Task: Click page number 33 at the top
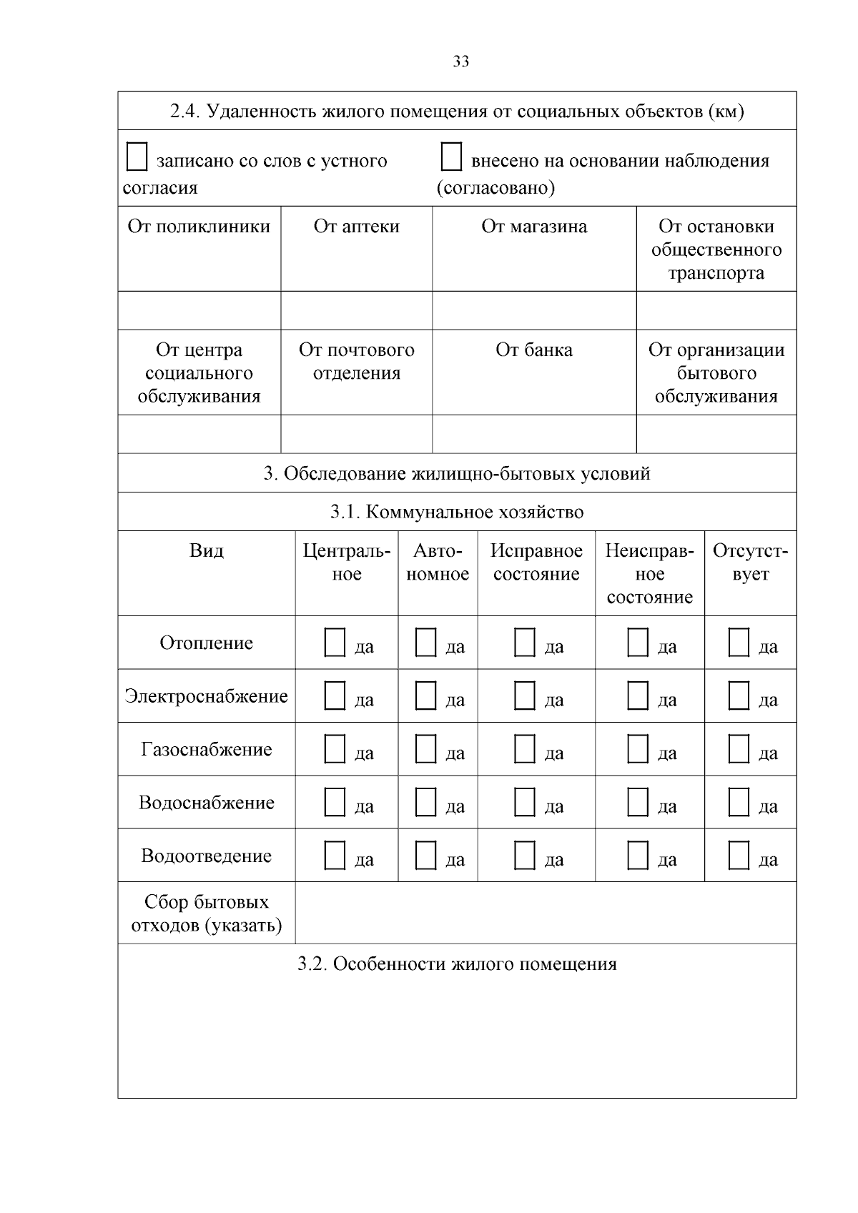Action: pos(461,61)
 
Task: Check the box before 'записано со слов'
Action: pos(137,157)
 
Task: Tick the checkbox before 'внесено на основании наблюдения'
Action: pos(451,157)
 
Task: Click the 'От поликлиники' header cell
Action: pos(199,227)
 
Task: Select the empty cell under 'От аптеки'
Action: pos(356,310)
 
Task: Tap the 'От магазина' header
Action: pos(534,227)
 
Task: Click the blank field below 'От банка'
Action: pos(534,434)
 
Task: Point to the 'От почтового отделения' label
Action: pos(356,361)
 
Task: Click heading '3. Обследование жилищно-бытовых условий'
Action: pos(457,473)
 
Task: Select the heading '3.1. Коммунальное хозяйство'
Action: pos(457,512)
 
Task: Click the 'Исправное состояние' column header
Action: pos(536,563)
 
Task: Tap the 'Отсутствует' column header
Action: pos(750,563)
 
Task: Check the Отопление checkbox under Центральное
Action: pos(335,642)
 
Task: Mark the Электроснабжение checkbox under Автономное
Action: pos(425,695)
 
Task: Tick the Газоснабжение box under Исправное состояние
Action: pos(524,748)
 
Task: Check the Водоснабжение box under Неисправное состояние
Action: pos(638,802)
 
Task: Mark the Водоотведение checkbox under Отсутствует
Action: pos(739,855)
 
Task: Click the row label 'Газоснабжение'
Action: pos(207,749)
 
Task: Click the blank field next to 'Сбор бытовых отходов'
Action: pos(546,913)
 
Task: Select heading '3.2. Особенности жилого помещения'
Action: pos(457,964)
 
